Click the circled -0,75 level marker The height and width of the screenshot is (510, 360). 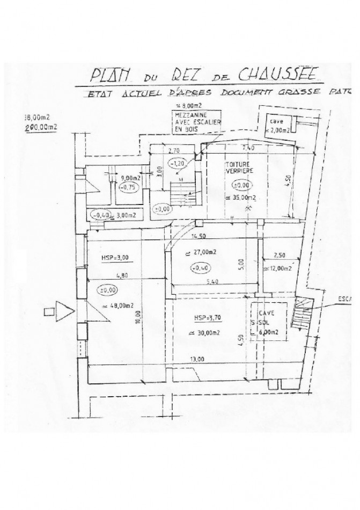point(127,187)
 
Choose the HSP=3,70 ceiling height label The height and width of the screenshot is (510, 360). point(207,317)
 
